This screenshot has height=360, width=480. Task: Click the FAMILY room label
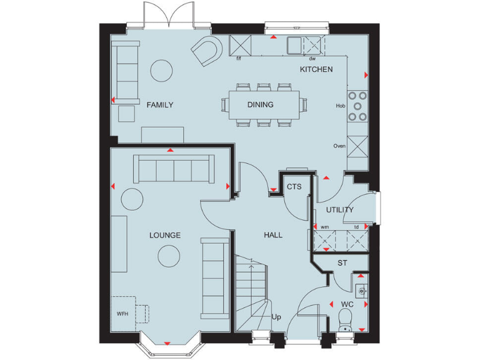160,105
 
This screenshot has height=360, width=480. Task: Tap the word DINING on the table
260,105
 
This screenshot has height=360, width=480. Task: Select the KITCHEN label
316,69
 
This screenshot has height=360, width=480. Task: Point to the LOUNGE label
165,236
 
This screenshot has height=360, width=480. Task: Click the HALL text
273,236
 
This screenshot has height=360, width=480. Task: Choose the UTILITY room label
339,210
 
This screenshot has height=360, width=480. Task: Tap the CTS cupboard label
294,187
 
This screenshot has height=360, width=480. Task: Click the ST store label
342,263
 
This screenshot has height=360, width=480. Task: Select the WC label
347,304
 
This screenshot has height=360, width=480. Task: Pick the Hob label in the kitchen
341,106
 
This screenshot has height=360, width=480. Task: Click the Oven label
339,146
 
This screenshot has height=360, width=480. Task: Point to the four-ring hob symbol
358,106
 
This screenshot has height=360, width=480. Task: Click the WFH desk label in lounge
122,313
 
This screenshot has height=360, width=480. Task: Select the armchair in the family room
206,52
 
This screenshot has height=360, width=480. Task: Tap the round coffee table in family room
161,70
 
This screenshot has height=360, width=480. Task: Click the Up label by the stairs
276,317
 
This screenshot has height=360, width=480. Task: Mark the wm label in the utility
325,227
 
